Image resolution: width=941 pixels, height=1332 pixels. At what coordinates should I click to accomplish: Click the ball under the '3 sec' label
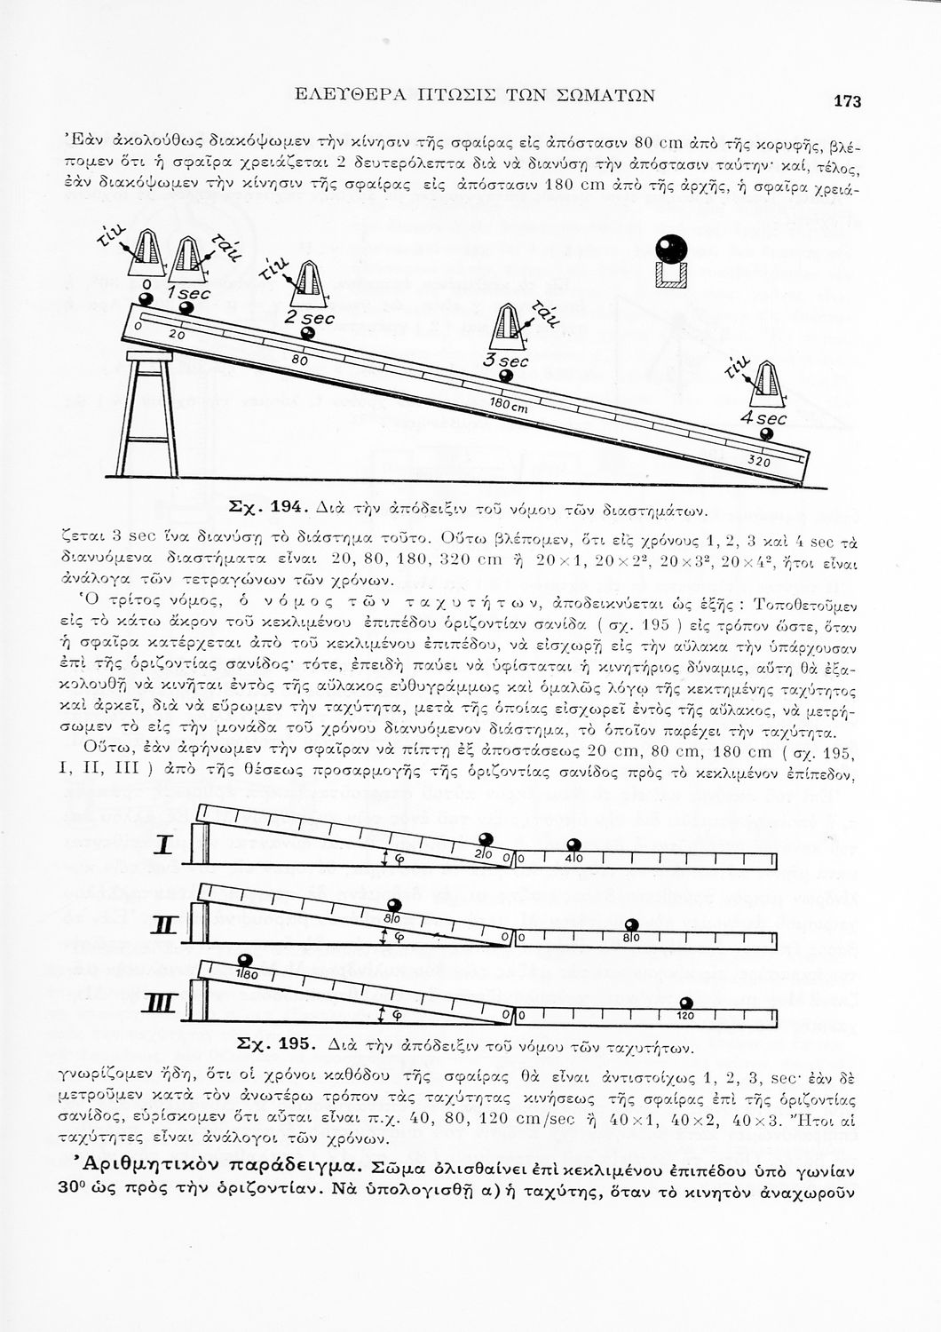[506, 376]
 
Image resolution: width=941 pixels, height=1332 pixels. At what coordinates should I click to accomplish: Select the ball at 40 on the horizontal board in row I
[573, 844]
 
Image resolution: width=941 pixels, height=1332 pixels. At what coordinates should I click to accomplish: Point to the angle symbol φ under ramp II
[398, 937]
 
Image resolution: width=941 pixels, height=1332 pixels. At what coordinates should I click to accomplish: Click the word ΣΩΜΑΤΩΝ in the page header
[602, 92]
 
